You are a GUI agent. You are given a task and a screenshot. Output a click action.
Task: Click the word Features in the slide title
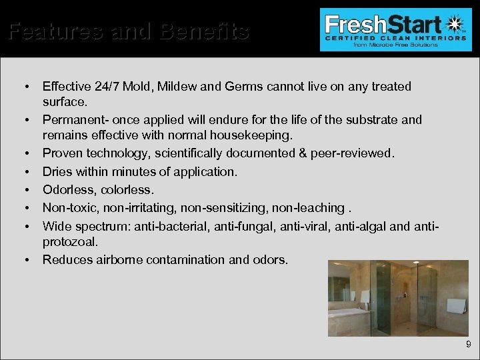pyautogui.click(x=51, y=31)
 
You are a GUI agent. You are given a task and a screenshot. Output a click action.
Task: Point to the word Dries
pyautogui.click(x=57, y=171)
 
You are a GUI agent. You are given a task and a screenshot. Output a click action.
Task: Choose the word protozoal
pyautogui.click(x=69, y=239)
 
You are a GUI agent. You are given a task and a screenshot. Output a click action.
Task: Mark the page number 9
pyautogui.click(x=468, y=345)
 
